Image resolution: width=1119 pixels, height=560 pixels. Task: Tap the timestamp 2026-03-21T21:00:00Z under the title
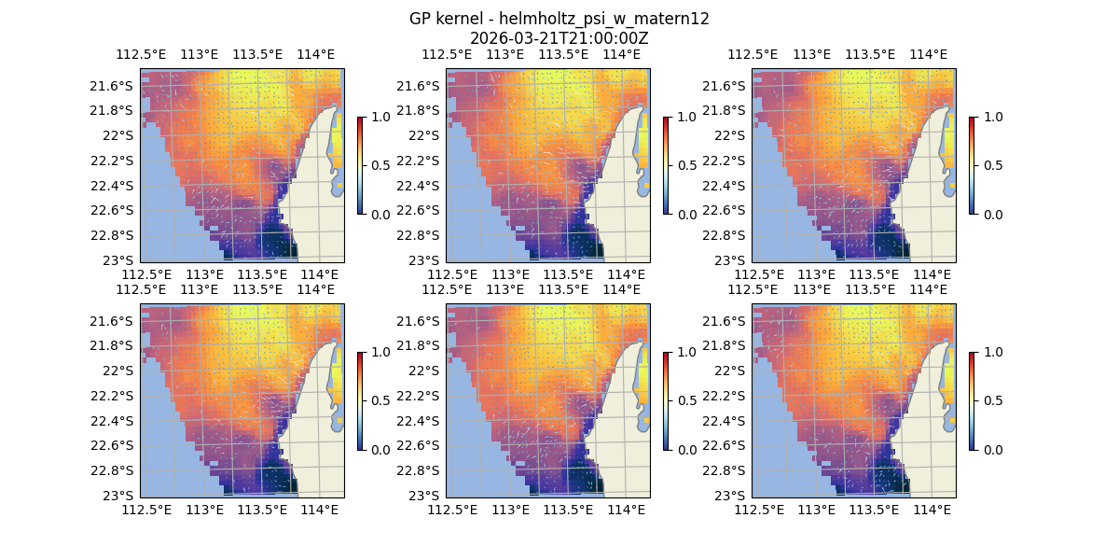[x=559, y=38]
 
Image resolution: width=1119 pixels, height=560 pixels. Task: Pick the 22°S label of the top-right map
[x=734, y=135]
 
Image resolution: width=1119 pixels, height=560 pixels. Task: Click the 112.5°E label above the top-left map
[x=140, y=54]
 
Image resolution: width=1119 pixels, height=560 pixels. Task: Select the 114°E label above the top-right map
[x=928, y=54]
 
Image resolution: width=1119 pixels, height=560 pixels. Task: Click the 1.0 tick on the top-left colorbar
[x=380, y=117]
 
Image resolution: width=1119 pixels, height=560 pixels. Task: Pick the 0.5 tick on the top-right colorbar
[x=992, y=165]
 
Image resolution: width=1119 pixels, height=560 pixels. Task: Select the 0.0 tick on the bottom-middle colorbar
[x=686, y=449]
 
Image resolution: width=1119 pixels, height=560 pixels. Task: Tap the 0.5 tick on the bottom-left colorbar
[x=380, y=400]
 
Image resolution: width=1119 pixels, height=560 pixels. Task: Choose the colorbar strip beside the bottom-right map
[x=972, y=400]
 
